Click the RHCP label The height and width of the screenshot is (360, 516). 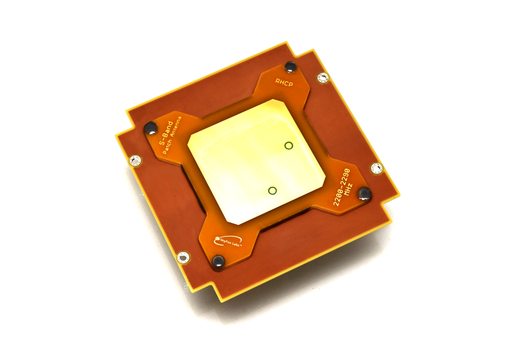[284, 83]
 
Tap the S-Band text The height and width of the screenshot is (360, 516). [166, 133]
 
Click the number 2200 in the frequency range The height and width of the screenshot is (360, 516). [338, 195]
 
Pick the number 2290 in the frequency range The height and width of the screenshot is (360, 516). [346, 177]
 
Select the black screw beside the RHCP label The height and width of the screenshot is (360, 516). [290, 67]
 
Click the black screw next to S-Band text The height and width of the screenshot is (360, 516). [151, 128]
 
